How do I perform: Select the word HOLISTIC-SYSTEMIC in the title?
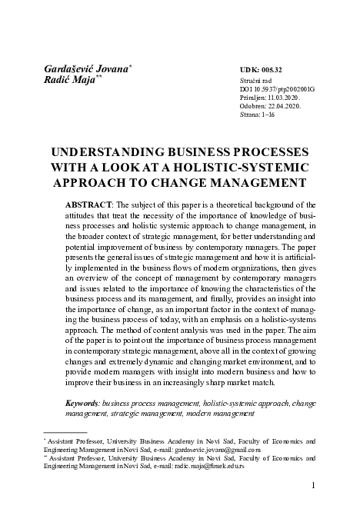(x=253, y=167)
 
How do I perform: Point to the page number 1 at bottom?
(x=313, y=486)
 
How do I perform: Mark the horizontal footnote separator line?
(x=65, y=432)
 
